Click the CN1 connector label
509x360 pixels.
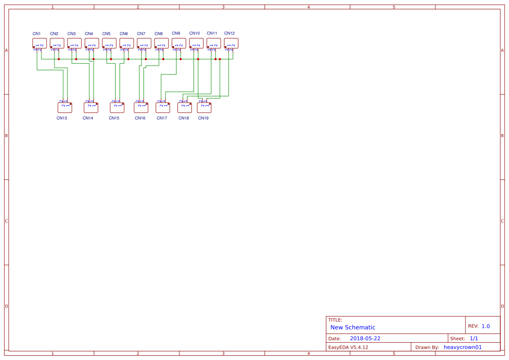point(37,34)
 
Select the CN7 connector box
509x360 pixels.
point(144,43)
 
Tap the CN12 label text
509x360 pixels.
point(229,34)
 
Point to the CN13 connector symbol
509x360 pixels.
point(65,108)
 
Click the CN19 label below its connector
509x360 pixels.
point(203,118)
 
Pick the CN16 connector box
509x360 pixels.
point(141,108)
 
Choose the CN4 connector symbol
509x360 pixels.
point(92,43)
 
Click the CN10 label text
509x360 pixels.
point(194,34)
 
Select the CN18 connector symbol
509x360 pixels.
point(185,108)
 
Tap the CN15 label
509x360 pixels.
point(114,118)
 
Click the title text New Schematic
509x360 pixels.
point(353,327)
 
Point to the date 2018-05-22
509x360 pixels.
point(365,338)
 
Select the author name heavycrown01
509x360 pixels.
point(463,347)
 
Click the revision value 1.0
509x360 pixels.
point(485,326)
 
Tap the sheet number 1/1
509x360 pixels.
point(474,338)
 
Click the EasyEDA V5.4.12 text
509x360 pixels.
point(348,347)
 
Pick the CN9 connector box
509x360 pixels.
point(179,43)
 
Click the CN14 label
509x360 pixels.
point(88,118)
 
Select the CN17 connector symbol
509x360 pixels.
point(163,108)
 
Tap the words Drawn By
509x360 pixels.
point(427,347)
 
